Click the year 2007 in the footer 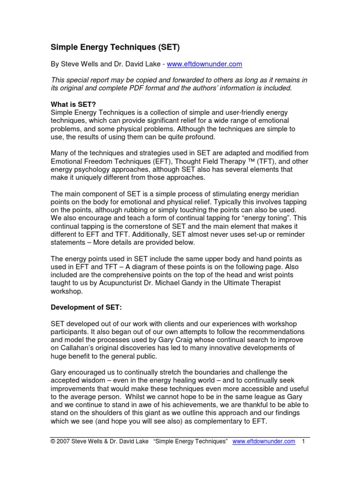click(x=65, y=441)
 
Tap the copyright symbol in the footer click(x=53, y=441)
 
